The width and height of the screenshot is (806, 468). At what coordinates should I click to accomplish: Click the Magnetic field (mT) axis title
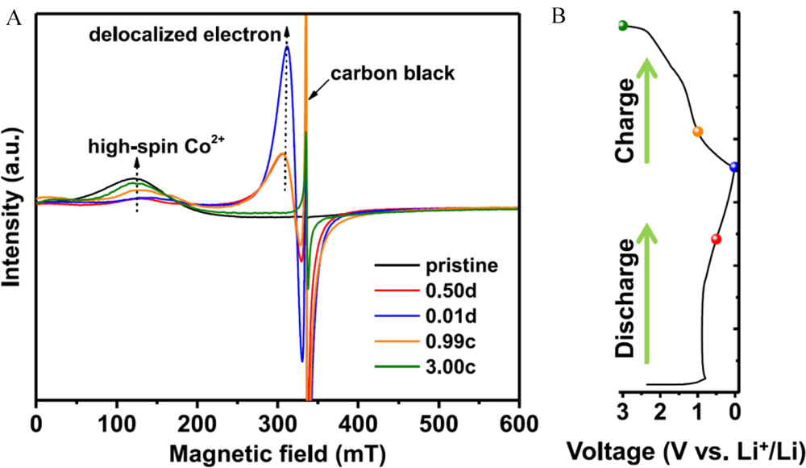[277, 449]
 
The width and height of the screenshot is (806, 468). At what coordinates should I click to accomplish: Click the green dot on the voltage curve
[622, 26]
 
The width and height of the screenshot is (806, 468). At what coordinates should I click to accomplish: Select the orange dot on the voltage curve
[698, 132]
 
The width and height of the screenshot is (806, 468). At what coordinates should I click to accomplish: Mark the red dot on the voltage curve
[716, 239]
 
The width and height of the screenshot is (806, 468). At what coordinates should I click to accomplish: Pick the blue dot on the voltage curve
[733, 167]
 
